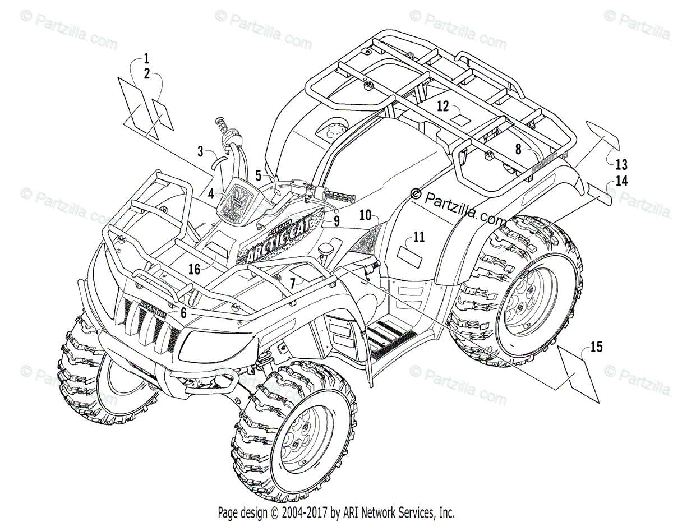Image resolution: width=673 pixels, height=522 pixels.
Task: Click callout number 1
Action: (146, 58)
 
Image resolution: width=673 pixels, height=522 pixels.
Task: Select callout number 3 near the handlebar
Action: (200, 150)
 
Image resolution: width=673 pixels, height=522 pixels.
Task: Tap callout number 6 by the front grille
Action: (183, 312)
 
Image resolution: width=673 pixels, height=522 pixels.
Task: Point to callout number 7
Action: (292, 281)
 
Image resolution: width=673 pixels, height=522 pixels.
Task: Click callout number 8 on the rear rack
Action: (518, 149)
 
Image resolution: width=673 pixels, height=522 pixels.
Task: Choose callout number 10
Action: (366, 214)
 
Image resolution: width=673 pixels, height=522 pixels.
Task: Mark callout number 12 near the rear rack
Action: (443, 106)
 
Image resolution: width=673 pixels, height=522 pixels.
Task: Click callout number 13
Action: (621, 165)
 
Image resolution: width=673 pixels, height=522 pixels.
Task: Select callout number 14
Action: (621, 181)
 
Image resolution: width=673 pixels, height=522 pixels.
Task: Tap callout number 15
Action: (596, 348)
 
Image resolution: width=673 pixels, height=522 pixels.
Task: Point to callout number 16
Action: (194, 270)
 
